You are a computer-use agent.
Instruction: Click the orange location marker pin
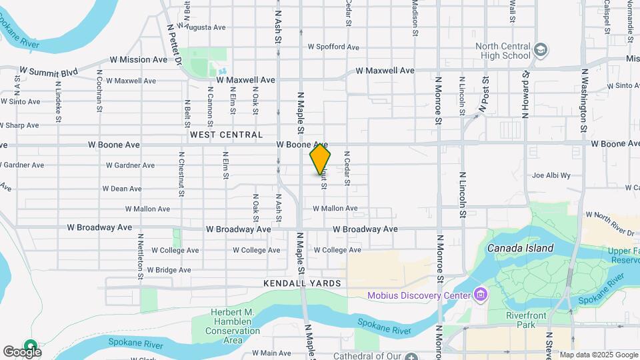320,159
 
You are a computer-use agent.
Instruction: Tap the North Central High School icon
540,50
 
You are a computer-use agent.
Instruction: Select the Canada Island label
520,248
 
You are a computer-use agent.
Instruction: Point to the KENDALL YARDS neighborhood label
302,283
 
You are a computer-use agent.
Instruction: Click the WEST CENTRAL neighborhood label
226,135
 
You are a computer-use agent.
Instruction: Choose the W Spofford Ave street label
333,47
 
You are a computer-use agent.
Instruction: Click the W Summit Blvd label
49,70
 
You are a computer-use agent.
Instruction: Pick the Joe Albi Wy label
551,175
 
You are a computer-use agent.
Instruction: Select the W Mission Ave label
139,59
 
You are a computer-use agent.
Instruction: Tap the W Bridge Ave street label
169,270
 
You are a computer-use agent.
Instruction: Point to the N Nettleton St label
141,255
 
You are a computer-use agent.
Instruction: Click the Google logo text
21,351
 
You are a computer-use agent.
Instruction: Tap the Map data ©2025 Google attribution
598,355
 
